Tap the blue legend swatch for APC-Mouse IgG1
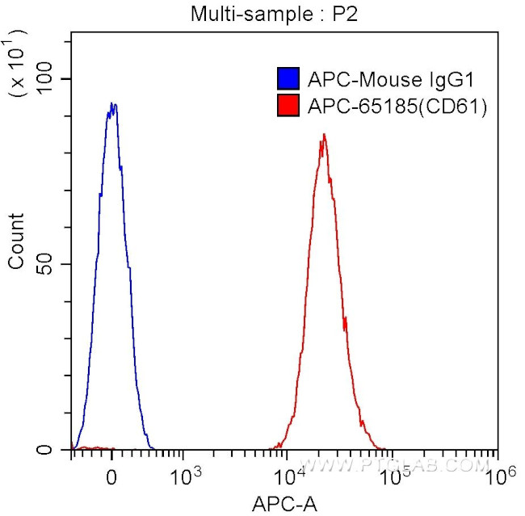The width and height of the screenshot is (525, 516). coord(288,79)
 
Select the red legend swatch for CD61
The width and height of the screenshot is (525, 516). coord(288,105)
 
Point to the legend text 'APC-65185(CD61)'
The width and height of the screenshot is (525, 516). coord(397,105)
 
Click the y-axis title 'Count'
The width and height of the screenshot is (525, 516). coord(16,241)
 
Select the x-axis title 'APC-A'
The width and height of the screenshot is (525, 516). coord(284,505)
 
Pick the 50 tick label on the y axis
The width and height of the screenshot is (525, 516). coord(52,264)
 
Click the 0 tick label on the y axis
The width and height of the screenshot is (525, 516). coord(57,450)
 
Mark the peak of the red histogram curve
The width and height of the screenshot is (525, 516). coord(323,136)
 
